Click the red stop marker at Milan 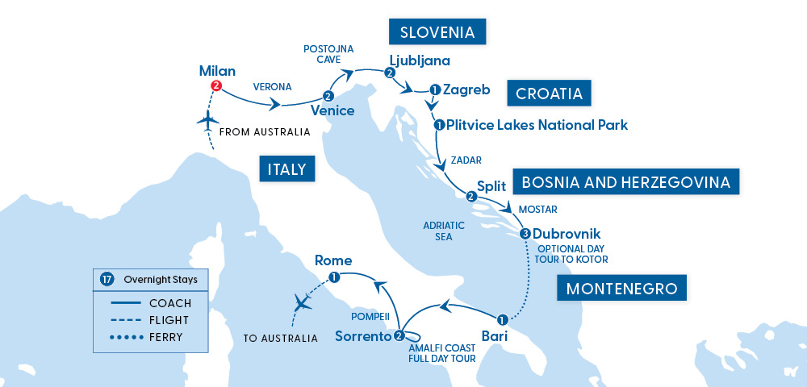(x=215, y=86)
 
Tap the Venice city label (x=332, y=110)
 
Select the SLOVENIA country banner (x=438, y=32)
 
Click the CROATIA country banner (x=549, y=94)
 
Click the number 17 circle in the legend (x=107, y=280)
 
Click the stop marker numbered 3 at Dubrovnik (x=525, y=234)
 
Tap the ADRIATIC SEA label (x=443, y=231)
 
